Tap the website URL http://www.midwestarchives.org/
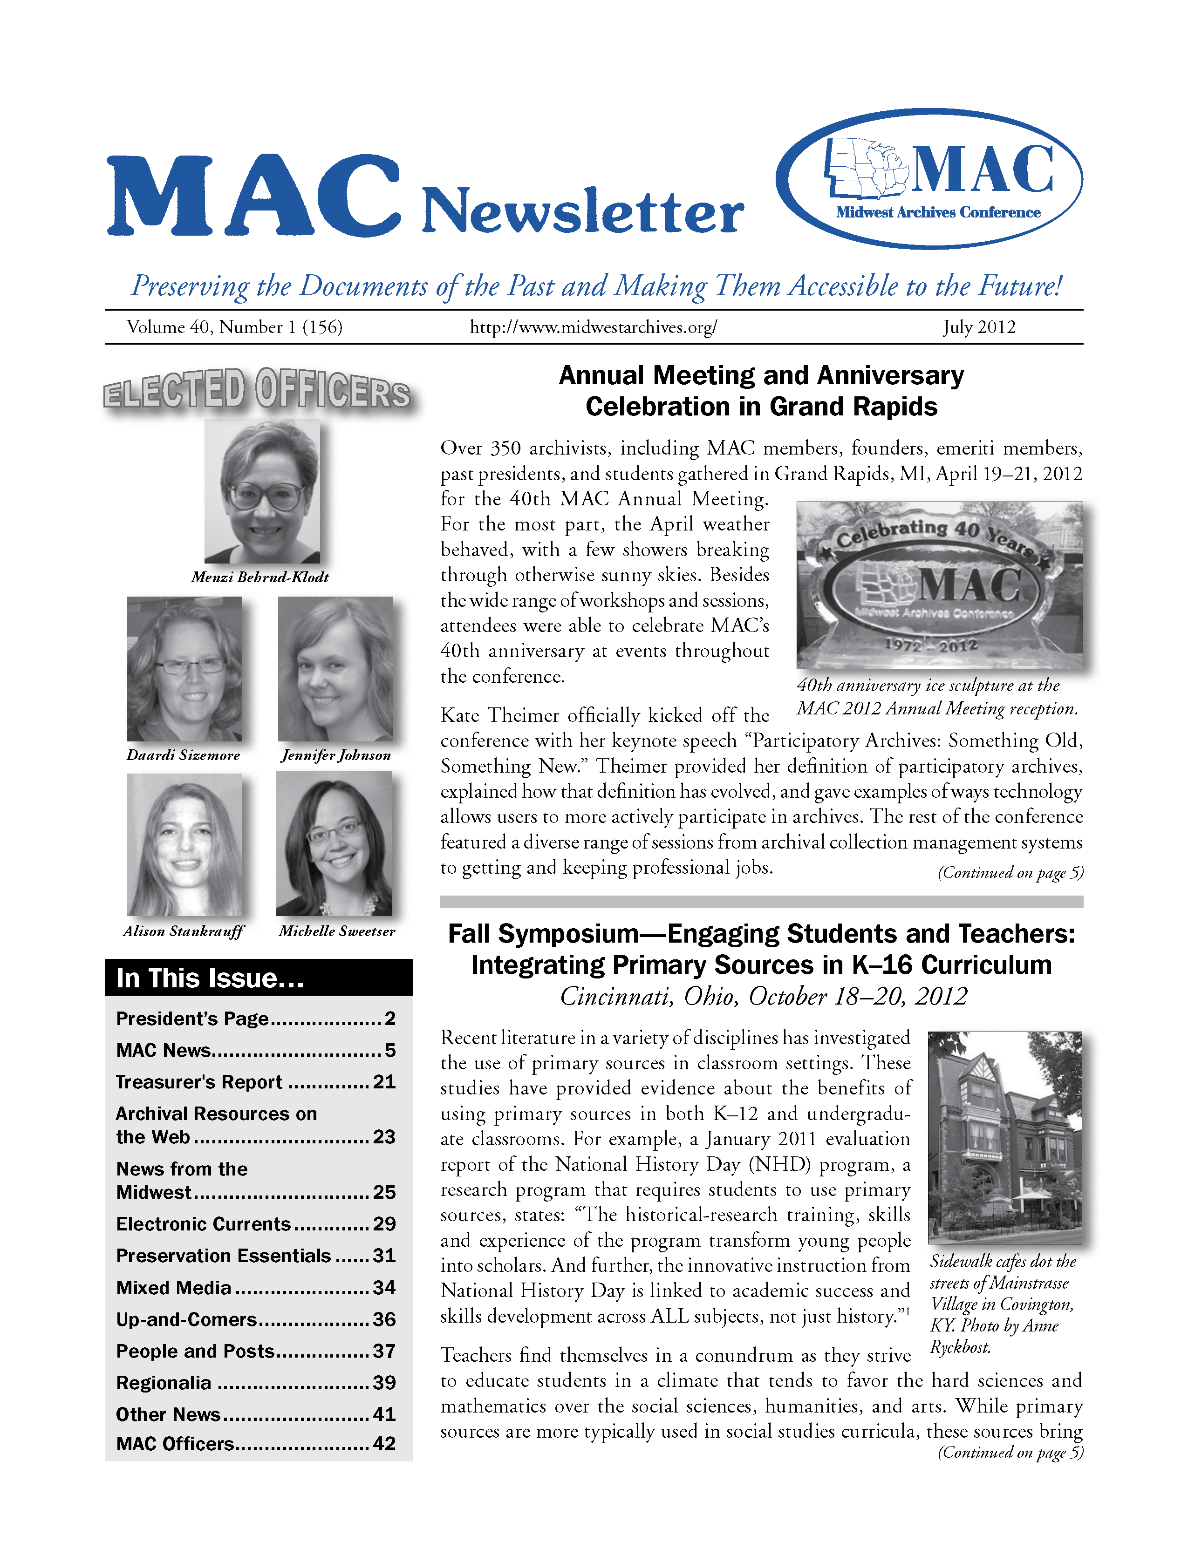click(x=593, y=327)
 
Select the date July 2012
click(x=979, y=327)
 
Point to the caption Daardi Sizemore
click(x=183, y=755)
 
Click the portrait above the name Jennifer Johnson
click(x=335, y=669)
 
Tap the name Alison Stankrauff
click(x=183, y=931)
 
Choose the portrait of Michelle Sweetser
click(x=334, y=844)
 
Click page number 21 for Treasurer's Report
click(x=384, y=1082)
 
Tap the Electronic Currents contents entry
click(x=204, y=1223)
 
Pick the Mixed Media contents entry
click(x=174, y=1288)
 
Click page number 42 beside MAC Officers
click(x=384, y=1443)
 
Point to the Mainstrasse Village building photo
click(x=1004, y=1137)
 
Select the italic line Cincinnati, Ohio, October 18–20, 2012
click(x=763, y=996)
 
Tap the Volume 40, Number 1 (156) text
click(x=234, y=327)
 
